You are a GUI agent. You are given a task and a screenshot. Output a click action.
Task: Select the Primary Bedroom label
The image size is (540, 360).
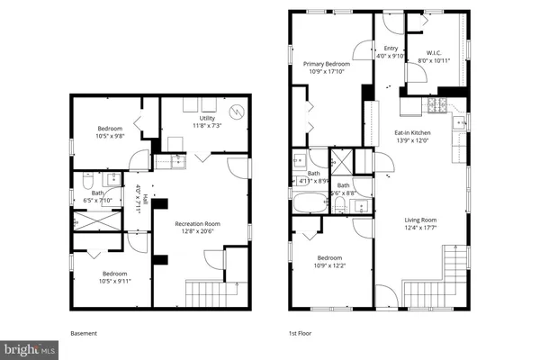[326, 64]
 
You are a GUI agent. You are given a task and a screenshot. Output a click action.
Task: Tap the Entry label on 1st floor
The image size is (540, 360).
[390, 49]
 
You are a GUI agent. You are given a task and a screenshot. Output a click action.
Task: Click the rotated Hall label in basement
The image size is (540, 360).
[139, 194]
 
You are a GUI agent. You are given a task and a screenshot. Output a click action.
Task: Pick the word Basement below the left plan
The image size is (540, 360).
[84, 333]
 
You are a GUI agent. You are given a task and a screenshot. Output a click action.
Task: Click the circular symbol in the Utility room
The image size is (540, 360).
[237, 112]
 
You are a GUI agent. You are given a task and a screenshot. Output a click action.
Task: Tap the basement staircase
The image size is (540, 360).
[210, 292]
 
